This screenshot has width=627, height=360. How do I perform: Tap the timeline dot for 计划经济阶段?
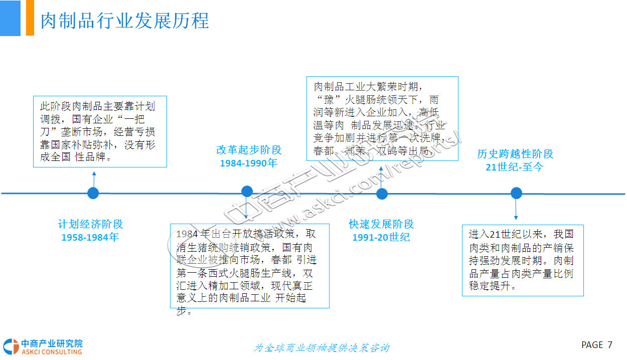(93, 193)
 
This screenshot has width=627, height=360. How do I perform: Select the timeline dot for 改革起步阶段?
(247, 191)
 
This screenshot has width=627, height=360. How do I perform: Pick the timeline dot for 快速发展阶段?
(382, 194)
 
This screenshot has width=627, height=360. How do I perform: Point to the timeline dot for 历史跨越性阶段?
(516, 193)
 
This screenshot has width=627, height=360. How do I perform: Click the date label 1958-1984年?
(90, 237)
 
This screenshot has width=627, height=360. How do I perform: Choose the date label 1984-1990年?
(248, 163)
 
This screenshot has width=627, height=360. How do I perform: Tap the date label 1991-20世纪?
(381, 237)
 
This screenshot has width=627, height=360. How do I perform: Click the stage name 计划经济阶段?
(90, 224)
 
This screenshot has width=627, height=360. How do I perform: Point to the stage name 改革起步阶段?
(249, 149)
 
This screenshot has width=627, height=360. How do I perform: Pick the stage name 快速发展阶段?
(381, 224)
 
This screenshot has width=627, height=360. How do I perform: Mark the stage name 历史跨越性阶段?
(515, 154)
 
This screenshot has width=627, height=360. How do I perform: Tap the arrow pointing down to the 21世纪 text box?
(516, 211)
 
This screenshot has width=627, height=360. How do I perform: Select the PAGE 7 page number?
(596, 345)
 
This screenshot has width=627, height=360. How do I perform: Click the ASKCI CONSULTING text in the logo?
(51, 351)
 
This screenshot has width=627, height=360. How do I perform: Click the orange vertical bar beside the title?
(30, 18)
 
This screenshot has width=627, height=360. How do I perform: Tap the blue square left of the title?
(10, 18)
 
